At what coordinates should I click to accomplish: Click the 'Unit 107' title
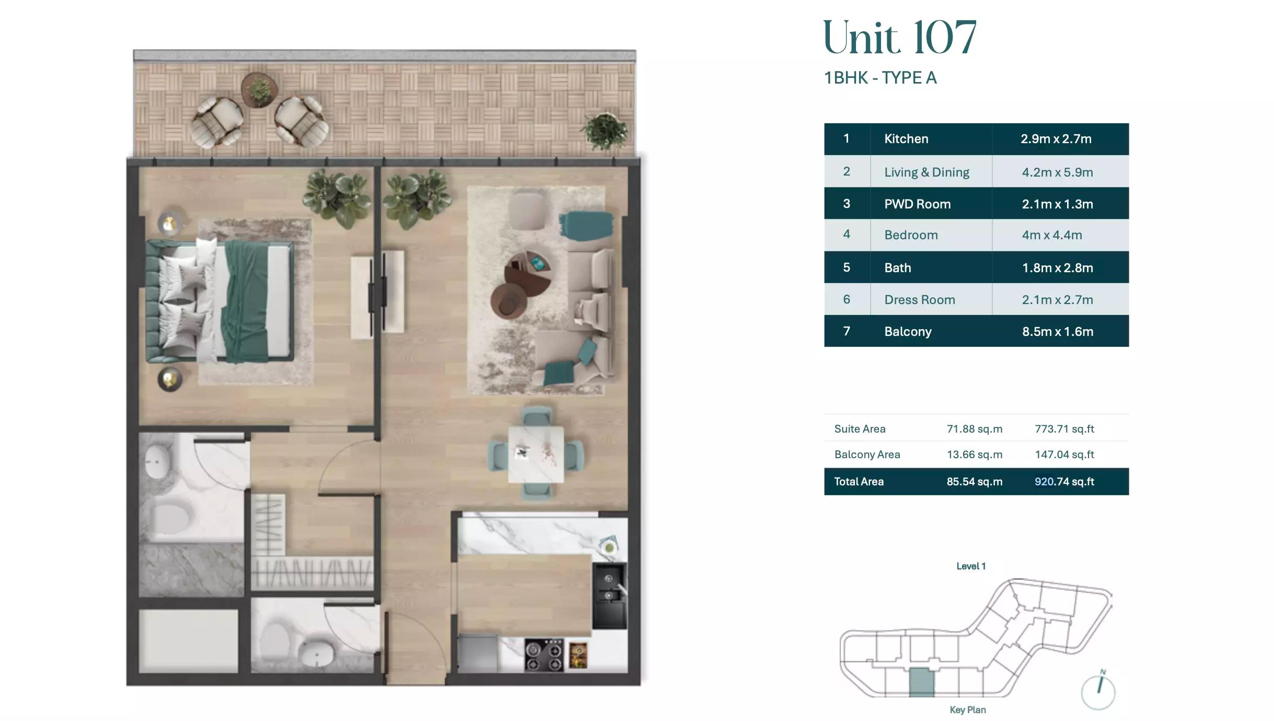pos(899,38)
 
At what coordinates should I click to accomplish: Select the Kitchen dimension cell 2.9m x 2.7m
pos(1056,139)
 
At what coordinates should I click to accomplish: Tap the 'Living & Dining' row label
pos(926,172)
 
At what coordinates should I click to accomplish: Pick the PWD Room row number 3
pos(846,204)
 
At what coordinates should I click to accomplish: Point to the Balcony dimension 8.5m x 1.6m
pos(1057,332)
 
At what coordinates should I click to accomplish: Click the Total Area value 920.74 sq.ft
pos(1064,482)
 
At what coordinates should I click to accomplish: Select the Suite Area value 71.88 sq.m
pos(974,429)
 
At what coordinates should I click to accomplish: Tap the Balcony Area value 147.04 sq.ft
pos(1064,455)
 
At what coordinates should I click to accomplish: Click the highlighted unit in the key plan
pos(921,682)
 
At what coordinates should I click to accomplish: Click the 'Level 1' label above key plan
pos(970,566)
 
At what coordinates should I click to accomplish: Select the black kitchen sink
pos(609,596)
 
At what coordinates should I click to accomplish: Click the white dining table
pos(536,454)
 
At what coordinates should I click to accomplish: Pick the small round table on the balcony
pos(259,90)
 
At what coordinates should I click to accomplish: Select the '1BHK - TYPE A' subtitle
pos(880,78)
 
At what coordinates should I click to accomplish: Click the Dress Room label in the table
pos(919,300)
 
